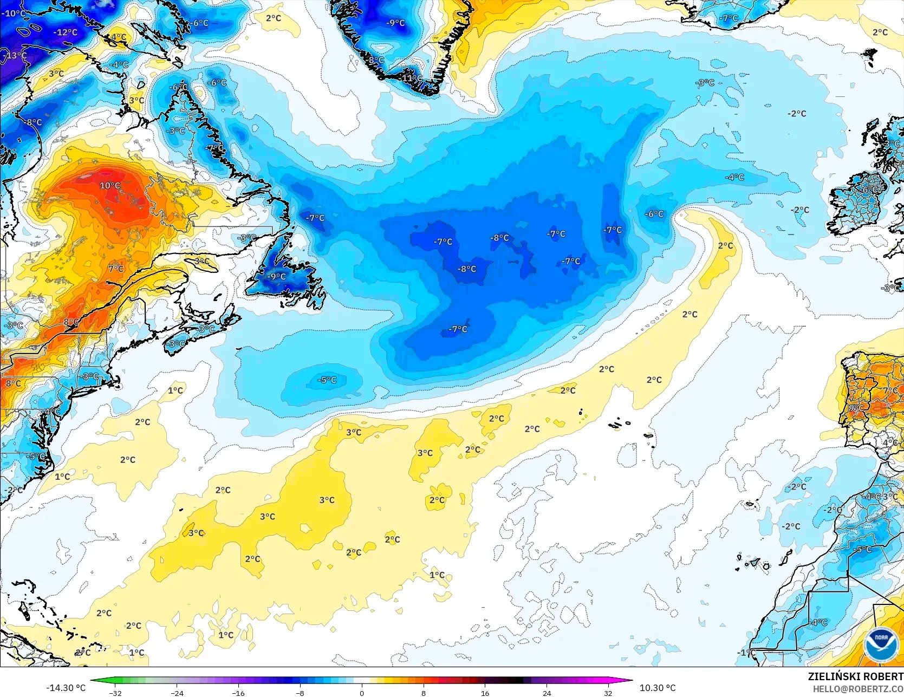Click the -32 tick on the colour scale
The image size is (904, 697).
click(115, 693)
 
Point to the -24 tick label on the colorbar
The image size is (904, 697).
click(177, 693)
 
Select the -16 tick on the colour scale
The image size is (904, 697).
click(238, 693)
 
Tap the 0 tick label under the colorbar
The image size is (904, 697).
click(362, 693)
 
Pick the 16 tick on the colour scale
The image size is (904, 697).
click(485, 693)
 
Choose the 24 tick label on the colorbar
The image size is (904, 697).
click(547, 693)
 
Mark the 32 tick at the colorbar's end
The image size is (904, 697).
click(608, 693)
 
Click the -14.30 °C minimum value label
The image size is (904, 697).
click(66, 688)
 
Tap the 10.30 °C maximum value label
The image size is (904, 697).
click(658, 688)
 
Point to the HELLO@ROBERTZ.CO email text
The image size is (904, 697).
click(858, 688)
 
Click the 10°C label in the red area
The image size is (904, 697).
click(110, 185)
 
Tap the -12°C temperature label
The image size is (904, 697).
click(66, 32)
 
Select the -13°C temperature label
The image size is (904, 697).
click(15, 55)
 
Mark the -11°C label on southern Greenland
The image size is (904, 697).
click(412, 79)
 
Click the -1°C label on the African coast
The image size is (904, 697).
click(747, 653)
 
